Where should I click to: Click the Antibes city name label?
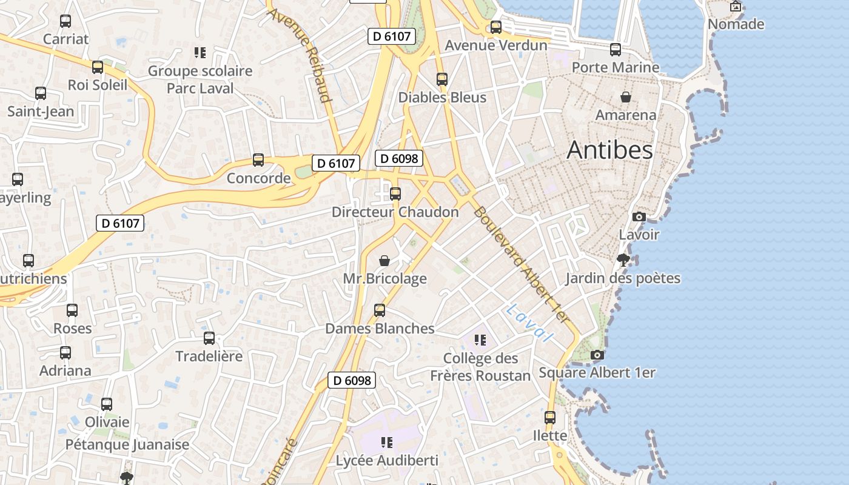(609, 150)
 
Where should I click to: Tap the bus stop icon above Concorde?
(258, 160)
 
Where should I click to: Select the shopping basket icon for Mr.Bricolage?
(384, 261)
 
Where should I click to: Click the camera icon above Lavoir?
(639, 216)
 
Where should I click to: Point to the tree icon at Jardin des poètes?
(623, 261)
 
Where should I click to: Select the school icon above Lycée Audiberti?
(386, 443)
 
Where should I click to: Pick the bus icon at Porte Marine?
(616, 50)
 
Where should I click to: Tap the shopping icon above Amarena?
(626, 97)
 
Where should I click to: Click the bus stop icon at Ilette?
(550, 418)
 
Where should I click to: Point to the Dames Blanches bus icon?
(380, 310)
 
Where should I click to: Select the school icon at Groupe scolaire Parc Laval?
(200, 53)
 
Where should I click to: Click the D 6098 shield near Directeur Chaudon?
(398, 158)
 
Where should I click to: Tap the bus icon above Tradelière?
(209, 338)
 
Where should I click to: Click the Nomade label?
(736, 24)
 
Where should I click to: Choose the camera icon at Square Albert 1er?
(597, 355)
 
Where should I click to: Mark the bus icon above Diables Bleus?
(442, 79)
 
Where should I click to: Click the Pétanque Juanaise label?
(127, 444)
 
